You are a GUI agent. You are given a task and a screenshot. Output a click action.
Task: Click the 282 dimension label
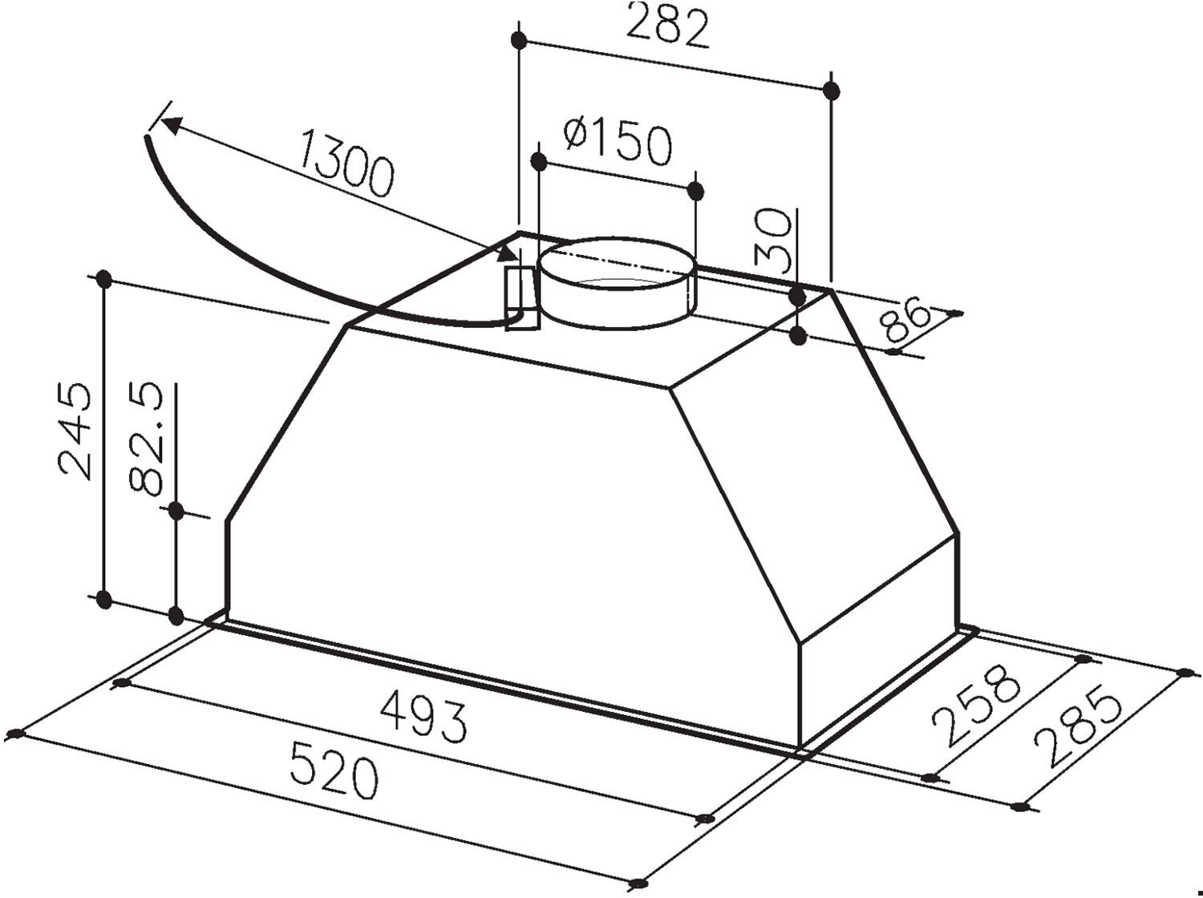(667, 26)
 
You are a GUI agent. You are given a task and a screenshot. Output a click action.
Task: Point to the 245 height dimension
(75, 431)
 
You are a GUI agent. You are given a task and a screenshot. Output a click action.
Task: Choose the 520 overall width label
(334, 770)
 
